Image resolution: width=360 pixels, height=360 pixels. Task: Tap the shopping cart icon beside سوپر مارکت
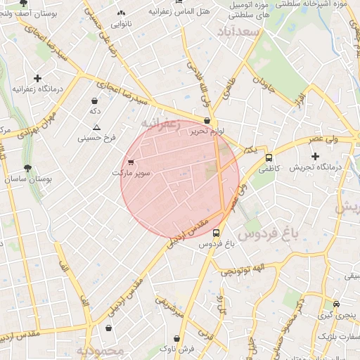click(x=131, y=162)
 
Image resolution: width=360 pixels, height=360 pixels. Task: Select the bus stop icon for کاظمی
click(x=269, y=158)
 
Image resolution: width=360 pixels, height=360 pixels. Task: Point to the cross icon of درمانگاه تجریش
click(x=315, y=155)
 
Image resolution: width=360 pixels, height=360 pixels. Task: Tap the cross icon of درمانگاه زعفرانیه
click(x=37, y=79)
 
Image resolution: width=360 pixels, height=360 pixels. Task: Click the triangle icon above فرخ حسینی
click(x=96, y=127)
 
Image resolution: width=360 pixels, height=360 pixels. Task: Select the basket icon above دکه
click(x=94, y=101)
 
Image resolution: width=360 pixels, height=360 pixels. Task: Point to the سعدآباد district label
click(x=238, y=32)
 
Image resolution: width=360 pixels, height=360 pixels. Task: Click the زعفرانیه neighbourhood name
click(x=161, y=124)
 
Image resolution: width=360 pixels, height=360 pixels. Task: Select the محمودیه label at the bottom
click(x=100, y=349)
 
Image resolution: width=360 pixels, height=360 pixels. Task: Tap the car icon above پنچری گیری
click(x=336, y=304)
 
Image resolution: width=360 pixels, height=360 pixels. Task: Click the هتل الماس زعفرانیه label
click(x=159, y=12)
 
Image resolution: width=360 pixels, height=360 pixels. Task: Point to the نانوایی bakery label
click(x=122, y=23)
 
